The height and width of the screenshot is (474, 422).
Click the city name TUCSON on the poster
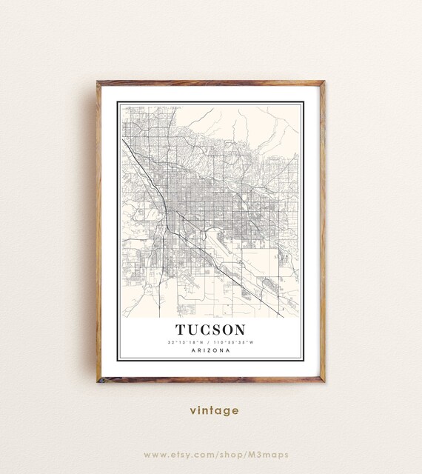click(x=211, y=328)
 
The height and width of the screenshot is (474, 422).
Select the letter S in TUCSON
click(x=218, y=328)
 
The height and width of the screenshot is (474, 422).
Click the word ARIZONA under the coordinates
click(x=211, y=350)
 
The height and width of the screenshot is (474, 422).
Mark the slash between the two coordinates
click(x=210, y=341)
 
